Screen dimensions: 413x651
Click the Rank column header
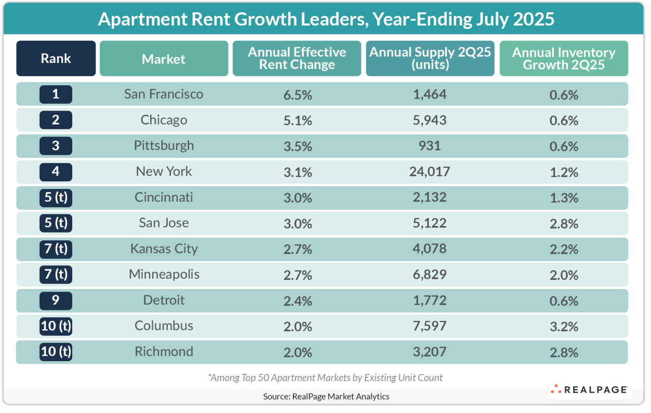coord(56,58)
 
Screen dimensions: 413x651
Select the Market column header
coord(164,59)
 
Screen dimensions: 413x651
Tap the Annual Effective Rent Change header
coord(297,58)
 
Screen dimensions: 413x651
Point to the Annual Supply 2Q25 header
coord(430,58)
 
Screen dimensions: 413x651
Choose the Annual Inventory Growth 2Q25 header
coord(564,58)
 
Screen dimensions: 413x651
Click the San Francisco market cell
coord(164,94)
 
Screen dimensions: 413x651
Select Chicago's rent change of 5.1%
coord(297,120)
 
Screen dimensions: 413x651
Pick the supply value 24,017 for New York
coord(430,172)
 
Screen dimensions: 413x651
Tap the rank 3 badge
coord(56,146)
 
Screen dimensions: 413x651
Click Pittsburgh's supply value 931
coord(430,146)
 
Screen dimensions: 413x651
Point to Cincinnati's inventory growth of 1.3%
coord(564,198)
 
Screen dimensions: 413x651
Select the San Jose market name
coord(164,223)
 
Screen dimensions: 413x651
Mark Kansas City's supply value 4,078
coord(430,249)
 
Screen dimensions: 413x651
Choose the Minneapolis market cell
coord(164,275)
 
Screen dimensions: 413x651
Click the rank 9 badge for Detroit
coord(56,301)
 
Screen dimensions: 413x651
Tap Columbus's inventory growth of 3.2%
coord(564,326)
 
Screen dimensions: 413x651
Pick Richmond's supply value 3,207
coord(430,352)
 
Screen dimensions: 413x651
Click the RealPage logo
coord(589,390)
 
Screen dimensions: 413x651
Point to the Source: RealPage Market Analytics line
coord(326,396)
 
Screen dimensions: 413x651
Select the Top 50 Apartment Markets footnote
coord(325,377)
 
